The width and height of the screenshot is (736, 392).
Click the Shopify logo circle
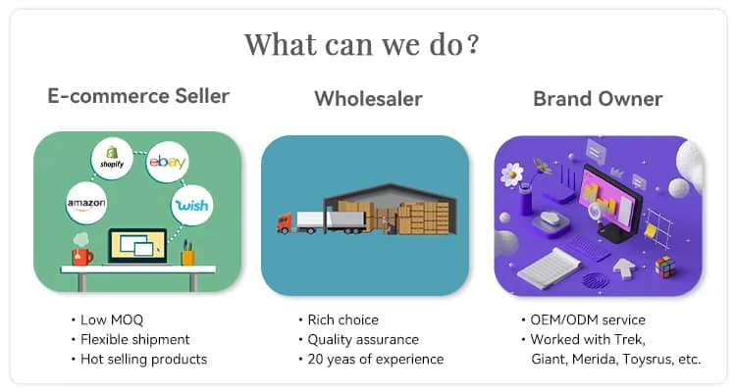(112, 158)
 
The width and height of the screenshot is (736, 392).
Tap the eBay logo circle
(167, 162)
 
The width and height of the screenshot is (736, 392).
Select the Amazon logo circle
(86, 203)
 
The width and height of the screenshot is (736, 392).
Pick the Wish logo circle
(191, 205)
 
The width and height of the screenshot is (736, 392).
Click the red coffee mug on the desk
(82, 256)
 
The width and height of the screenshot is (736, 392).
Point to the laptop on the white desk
(137, 247)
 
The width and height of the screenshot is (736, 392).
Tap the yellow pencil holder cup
(187, 257)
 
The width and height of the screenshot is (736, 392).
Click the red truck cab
(285, 223)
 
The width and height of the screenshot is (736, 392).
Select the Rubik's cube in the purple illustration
(665, 267)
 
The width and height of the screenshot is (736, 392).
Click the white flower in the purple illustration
(511, 174)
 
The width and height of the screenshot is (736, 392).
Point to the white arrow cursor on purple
(624, 269)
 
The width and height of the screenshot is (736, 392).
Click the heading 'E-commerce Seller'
(138, 96)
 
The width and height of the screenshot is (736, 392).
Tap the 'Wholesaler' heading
(368, 99)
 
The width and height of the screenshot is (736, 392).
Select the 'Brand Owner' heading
(598, 99)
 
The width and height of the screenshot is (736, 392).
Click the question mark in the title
(473, 43)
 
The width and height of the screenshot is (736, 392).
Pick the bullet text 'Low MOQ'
(112, 319)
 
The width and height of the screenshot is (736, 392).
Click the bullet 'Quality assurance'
(363, 339)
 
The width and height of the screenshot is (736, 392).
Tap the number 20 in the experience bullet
(315, 360)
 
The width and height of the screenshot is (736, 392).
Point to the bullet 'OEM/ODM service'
(588, 319)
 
